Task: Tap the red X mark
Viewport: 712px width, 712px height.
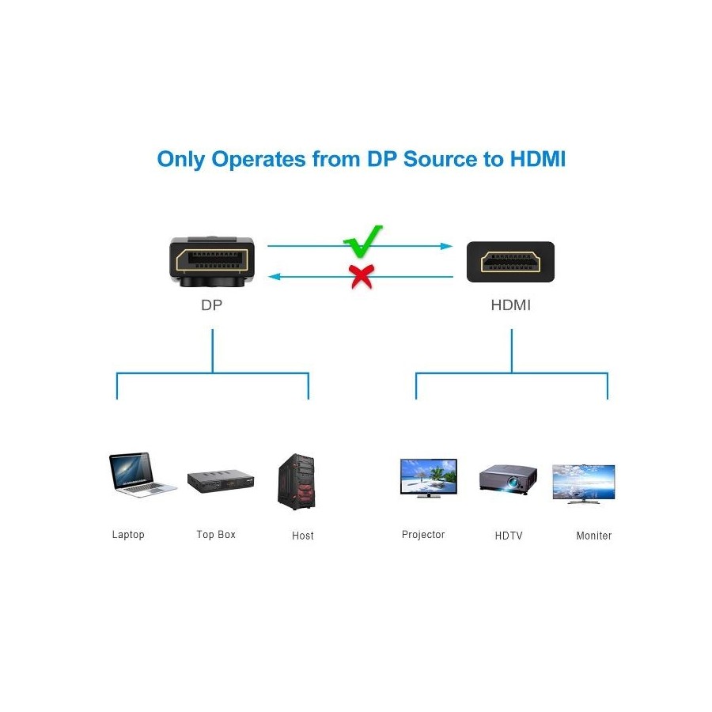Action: click(362, 276)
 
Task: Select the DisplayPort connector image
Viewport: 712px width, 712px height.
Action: click(211, 260)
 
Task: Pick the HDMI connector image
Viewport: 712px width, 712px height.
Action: click(510, 262)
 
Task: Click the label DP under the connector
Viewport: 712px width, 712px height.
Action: click(211, 305)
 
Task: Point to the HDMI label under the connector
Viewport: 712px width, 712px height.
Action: click(511, 305)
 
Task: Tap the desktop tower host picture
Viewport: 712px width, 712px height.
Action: click(297, 482)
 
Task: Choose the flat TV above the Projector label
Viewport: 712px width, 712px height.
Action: click(428, 478)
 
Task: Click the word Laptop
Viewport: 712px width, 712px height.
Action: click(128, 535)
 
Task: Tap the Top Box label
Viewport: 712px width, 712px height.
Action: click(216, 535)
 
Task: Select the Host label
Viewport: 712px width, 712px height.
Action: click(302, 536)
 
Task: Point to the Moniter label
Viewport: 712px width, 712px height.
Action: click(593, 536)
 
